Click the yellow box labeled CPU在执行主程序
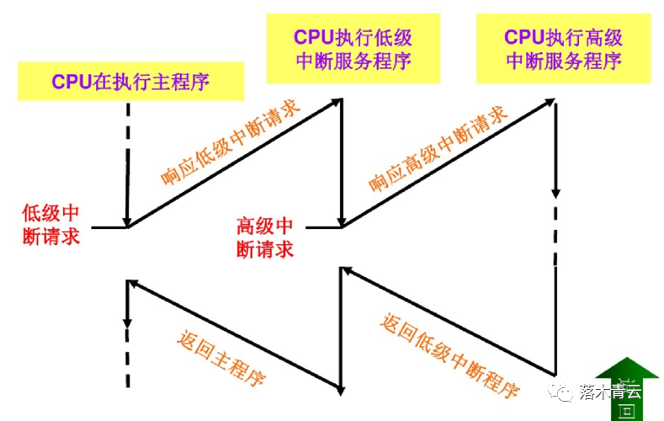pos(130,82)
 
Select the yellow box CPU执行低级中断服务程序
pos(353,48)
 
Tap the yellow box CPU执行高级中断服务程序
pos(563,48)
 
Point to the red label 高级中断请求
pos(265,237)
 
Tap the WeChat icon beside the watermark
pos(562,391)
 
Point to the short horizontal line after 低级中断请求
pos(109,227)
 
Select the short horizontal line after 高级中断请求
pos(323,227)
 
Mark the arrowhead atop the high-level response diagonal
pos(551,102)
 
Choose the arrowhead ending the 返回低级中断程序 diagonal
pos(345,272)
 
